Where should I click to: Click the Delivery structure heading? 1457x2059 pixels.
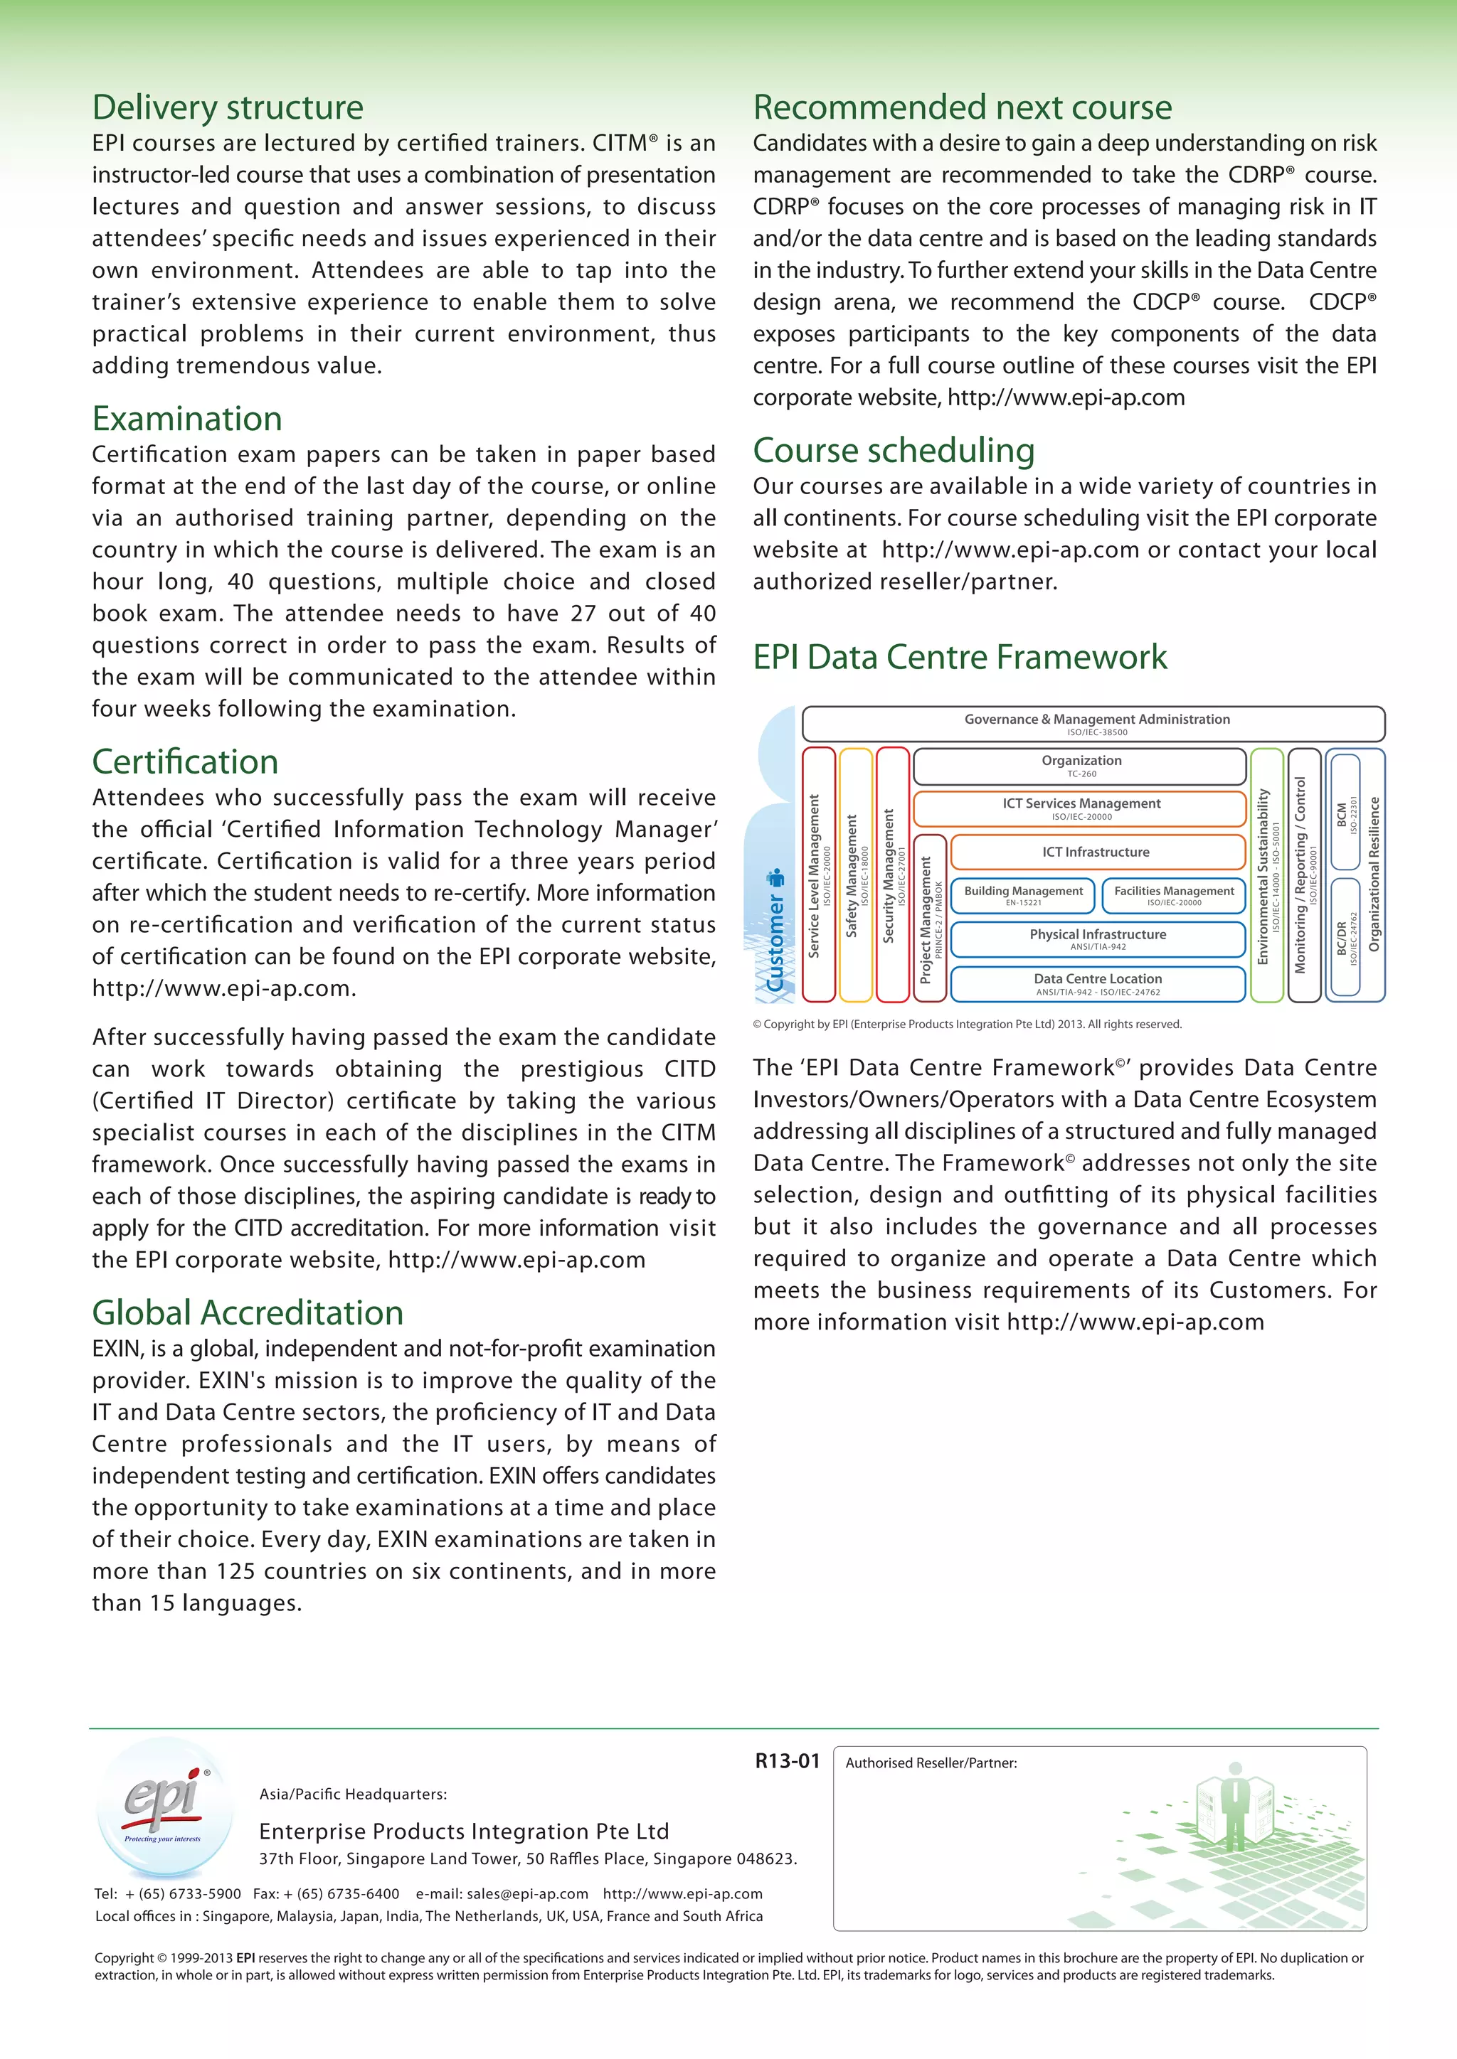(x=228, y=107)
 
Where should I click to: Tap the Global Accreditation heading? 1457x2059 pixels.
(x=248, y=1313)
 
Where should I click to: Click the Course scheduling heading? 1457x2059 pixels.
(x=894, y=450)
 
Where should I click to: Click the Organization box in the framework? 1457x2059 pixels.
(x=1080, y=766)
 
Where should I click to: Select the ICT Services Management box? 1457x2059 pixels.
(x=1080, y=808)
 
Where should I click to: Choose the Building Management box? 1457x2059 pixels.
(x=1023, y=895)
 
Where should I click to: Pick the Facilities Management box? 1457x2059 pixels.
(x=1173, y=895)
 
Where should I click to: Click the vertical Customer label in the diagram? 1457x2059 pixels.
(x=775, y=933)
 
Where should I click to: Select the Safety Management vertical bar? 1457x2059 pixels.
(x=856, y=875)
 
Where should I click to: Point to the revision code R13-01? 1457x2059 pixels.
(x=787, y=1761)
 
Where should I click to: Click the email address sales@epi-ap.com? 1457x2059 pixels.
(x=528, y=1894)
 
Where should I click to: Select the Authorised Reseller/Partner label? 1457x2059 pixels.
(x=931, y=1763)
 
